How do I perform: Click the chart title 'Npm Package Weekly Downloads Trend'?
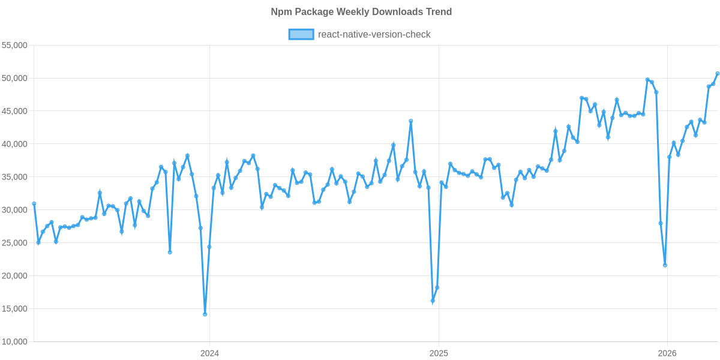[361, 12]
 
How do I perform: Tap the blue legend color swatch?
[301, 34]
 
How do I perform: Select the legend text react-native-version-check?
[374, 34]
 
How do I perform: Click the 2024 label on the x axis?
[209, 353]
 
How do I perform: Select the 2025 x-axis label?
[439, 353]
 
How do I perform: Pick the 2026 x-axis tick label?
[667, 353]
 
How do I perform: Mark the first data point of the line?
[34, 203]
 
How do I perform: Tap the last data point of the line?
[717, 74]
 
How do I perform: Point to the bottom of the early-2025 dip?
[433, 301]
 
